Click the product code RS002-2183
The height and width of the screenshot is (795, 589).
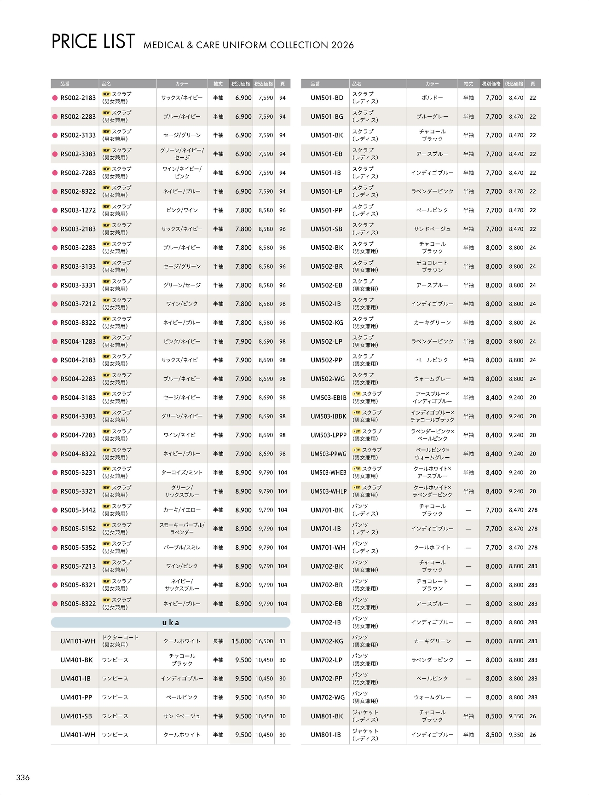click(x=78, y=98)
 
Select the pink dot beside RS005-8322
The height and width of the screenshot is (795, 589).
click(x=55, y=604)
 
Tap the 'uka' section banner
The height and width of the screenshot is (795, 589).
click(x=170, y=622)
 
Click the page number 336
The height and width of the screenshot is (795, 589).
click(x=23, y=778)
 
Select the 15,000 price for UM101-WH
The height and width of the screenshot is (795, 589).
click(x=242, y=641)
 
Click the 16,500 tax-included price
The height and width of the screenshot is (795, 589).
click(x=264, y=641)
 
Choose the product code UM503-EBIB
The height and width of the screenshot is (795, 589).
click(x=328, y=398)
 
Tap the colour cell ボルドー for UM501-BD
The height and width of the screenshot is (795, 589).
click(x=432, y=98)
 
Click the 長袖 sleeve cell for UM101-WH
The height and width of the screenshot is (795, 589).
click(x=218, y=641)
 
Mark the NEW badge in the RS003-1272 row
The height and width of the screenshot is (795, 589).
click(x=106, y=207)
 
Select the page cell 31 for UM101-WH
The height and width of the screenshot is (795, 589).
click(x=283, y=641)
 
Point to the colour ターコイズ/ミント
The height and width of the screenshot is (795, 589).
click(x=182, y=472)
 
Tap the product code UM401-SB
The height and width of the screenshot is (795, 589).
click(x=76, y=716)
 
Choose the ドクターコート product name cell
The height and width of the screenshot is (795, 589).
click(x=120, y=641)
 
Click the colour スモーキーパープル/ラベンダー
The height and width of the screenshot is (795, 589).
click(x=182, y=529)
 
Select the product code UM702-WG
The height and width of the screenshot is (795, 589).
click(x=327, y=697)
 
